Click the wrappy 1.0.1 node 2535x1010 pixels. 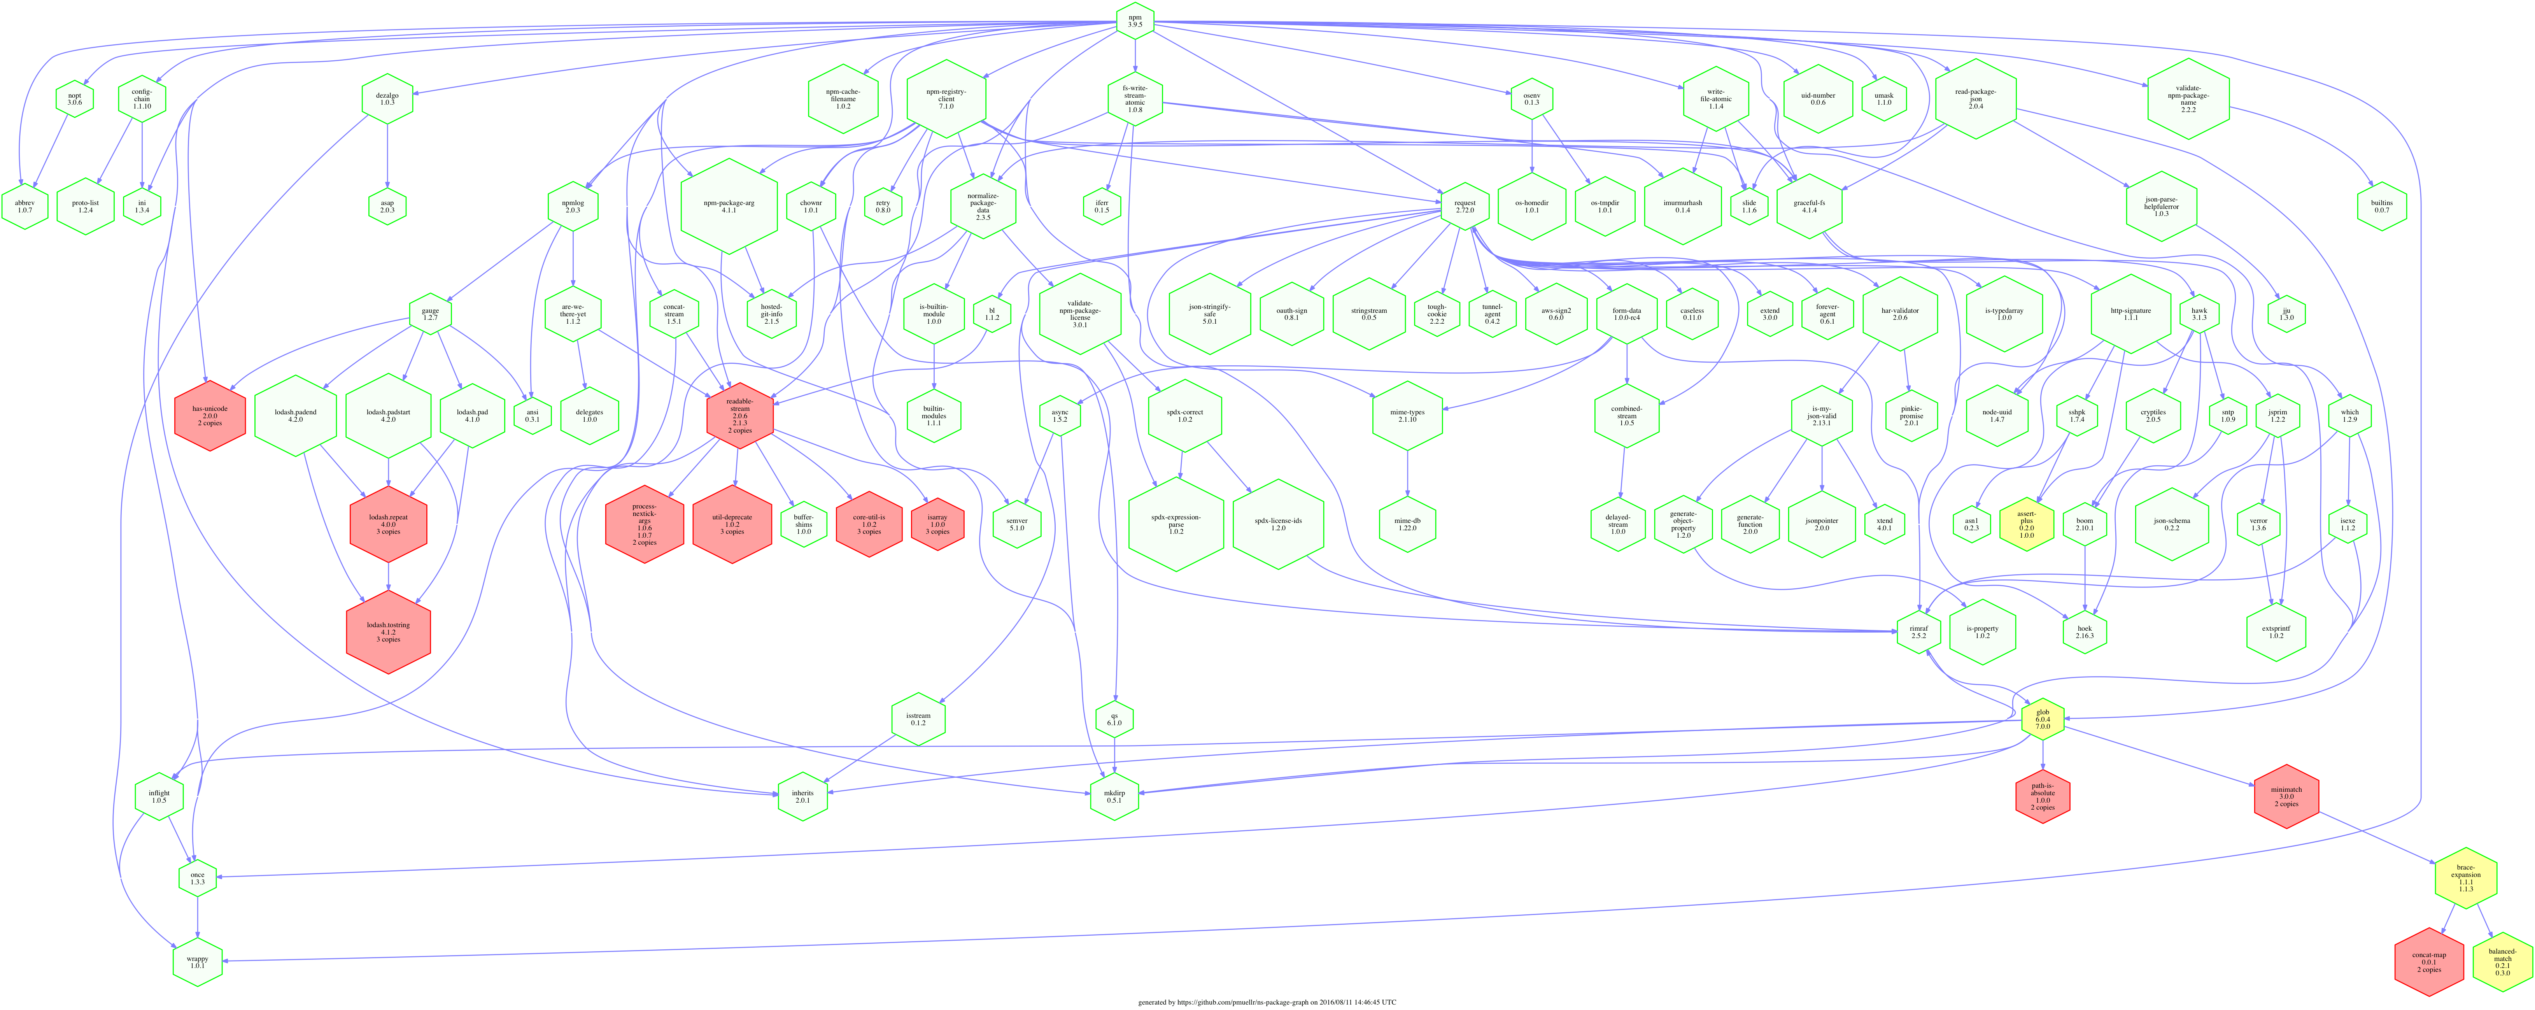[x=198, y=962]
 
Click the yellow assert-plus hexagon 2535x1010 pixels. [x=2026, y=524]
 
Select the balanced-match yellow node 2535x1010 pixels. [x=2503, y=962]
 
